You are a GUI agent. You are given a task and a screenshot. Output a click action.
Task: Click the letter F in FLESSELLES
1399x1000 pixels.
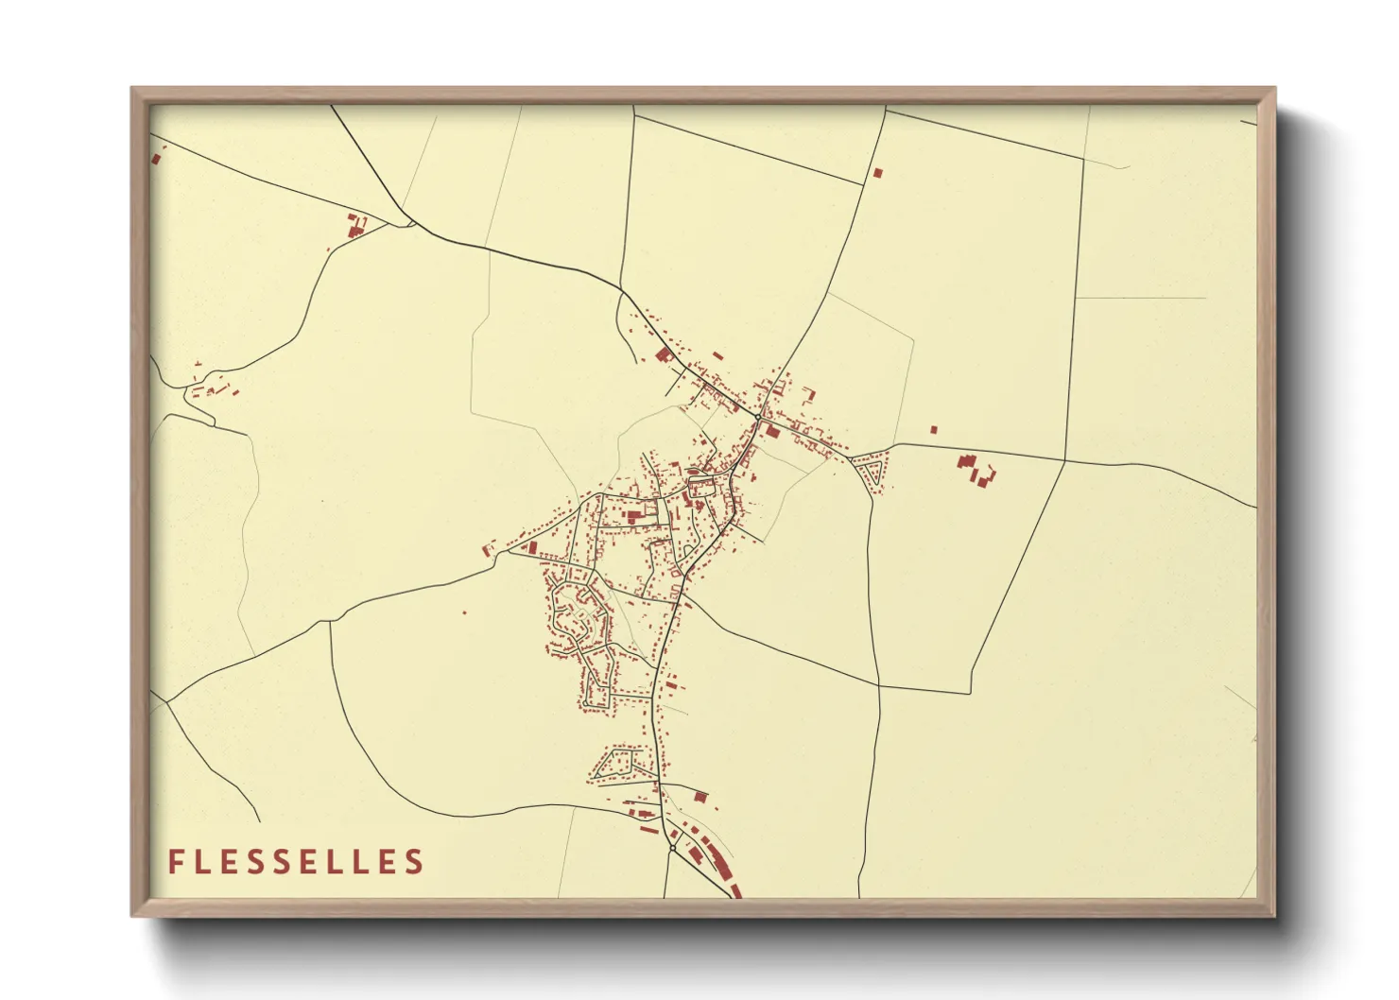click(175, 862)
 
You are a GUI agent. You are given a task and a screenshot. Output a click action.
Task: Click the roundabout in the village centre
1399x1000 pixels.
click(758, 417)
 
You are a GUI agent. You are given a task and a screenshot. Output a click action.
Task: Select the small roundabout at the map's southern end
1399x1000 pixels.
click(672, 848)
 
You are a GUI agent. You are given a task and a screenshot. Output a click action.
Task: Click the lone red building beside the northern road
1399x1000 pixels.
click(877, 173)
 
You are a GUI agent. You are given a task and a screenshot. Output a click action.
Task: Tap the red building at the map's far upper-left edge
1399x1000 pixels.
click(156, 159)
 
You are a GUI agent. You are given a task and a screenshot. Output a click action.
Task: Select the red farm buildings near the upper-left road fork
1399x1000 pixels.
click(355, 228)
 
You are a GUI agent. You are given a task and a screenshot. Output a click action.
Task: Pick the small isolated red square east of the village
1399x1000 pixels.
click(934, 430)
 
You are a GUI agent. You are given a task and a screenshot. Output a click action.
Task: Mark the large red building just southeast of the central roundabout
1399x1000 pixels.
click(772, 432)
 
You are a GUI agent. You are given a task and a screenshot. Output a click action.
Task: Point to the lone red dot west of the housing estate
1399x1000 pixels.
click(464, 612)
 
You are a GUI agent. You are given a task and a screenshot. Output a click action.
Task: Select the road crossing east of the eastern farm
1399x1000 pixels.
click(1064, 460)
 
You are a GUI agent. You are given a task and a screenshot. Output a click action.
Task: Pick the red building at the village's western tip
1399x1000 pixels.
click(489, 547)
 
